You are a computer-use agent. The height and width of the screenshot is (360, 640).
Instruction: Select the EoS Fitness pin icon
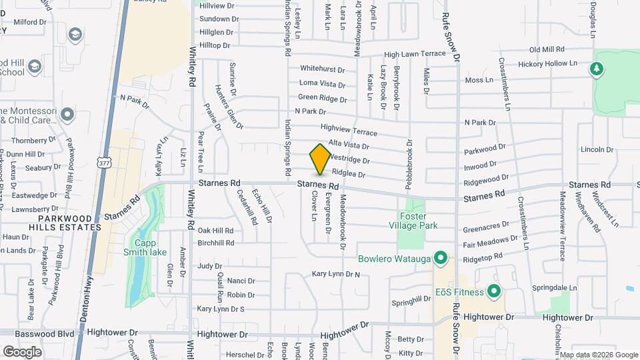493,291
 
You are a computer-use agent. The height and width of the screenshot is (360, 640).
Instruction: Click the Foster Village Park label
418,221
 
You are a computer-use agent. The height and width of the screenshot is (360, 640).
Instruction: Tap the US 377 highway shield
103,162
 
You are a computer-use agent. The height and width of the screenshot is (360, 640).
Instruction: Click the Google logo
22,351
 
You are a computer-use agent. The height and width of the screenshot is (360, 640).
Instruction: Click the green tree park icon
597,69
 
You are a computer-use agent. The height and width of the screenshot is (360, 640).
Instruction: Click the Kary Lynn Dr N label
335,274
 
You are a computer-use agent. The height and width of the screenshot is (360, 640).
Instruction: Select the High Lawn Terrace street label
414,54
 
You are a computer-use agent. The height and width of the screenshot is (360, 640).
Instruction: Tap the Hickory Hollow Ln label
550,63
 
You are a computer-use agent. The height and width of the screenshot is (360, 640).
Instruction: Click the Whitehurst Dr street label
322,69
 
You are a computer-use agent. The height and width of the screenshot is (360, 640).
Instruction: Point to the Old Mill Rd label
547,49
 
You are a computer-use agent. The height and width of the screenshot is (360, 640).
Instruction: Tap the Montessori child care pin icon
67,115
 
